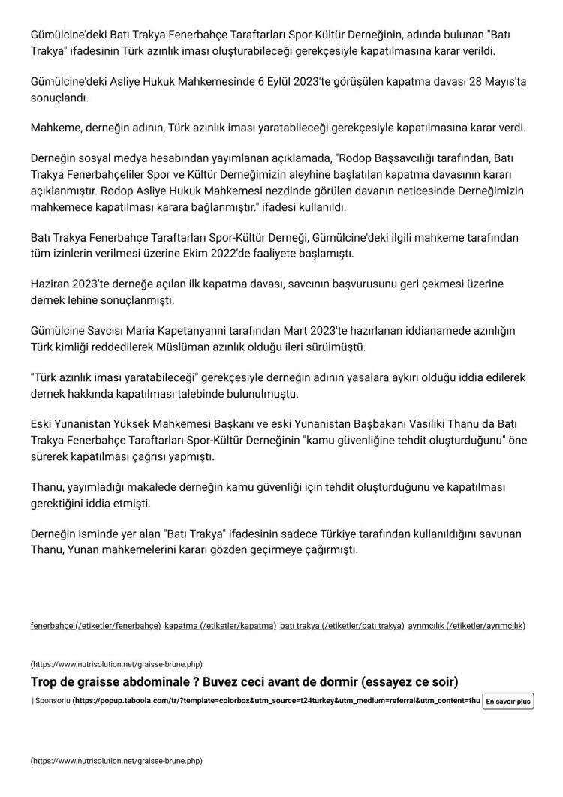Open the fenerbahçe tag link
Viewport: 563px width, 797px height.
point(95,625)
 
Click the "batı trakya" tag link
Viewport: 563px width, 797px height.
point(342,625)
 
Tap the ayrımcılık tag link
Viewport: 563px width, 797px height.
point(467,625)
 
